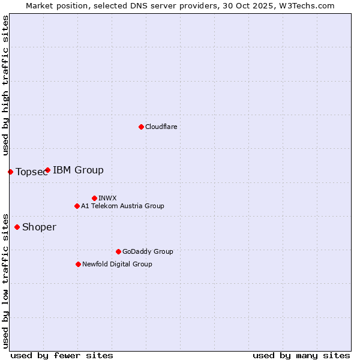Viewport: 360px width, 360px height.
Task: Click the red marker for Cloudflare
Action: click(x=141, y=127)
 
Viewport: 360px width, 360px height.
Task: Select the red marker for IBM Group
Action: click(x=47, y=170)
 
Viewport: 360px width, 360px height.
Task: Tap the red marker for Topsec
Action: click(x=10, y=172)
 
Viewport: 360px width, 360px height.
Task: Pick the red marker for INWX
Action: click(x=94, y=198)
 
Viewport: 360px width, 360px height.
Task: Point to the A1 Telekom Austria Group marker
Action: click(x=77, y=206)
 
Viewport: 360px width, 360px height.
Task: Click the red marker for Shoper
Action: click(x=17, y=227)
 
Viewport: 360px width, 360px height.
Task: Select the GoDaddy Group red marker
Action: click(x=118, y=251)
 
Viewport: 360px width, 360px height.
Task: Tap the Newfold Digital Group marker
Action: click(x=78, y=264)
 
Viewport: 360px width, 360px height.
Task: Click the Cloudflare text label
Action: click(x=161, y=127)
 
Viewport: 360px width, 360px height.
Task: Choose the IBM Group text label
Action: click(x=78, y=170)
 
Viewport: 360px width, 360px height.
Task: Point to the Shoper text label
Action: click(x=39, y=227)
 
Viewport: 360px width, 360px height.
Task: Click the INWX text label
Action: click(x=108, y=198)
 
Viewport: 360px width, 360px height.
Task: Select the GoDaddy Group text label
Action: click(x=148, y=251)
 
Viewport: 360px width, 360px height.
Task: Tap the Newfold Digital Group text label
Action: click(x=117, y=264)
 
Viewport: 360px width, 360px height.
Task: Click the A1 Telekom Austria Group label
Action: click(x=122, y=206)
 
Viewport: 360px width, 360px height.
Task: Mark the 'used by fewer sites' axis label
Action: click(x=62, y=355)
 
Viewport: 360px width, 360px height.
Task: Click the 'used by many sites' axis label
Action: click(x=301, y=355)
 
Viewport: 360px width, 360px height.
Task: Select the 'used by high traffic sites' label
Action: click(x=5, y=85)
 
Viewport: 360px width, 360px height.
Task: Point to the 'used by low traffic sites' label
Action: click(x=5, y=280)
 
